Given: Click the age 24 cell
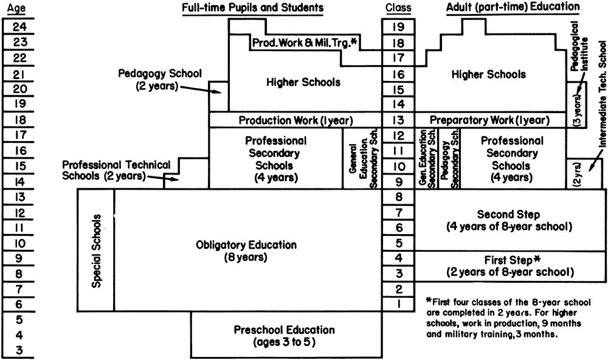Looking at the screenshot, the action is (x=19, y=26).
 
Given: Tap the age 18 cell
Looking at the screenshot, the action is (x=19, y=119).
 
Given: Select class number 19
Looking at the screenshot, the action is (x=399, y=27).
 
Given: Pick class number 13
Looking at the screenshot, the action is (x=399, y=120).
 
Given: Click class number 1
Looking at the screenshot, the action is (x=399, y=304).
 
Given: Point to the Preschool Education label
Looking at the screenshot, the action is (x=284, y=336).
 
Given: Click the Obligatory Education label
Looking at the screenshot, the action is (x=246, y=251).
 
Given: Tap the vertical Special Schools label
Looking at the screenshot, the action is (x=96, y=251).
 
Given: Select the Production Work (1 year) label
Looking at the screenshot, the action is (x=296, y=120).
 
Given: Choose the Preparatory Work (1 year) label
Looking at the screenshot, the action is (x=489, y=120).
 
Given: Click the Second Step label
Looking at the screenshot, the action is (x=508, y=214).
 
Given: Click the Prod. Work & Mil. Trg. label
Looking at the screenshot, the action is (x=305, y=43).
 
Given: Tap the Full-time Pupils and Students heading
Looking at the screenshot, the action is (x=253, y=7).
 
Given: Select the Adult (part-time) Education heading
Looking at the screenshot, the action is (x=513, y=7).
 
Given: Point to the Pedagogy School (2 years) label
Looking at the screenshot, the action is (x=160, y=79).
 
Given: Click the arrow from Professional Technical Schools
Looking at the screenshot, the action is (x=163, y=178).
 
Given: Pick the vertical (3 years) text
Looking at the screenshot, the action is (x=577, y=110).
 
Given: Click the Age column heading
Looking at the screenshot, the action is (x=16, y=8).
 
